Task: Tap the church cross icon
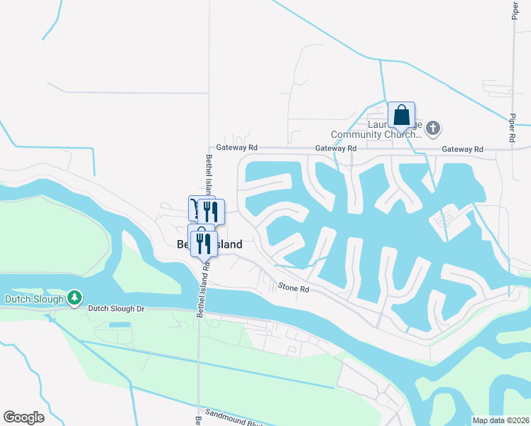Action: coord(433,129)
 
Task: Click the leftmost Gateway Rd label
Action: coord(237,148)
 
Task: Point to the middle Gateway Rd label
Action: coord(335,148)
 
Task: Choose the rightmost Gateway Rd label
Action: coord(461,149)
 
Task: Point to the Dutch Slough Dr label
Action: coord(116,309)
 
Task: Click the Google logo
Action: coord(23,417)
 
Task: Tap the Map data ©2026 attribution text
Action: coord(500,420)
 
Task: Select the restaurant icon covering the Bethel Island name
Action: coord(204,243)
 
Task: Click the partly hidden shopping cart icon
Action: coord(194,208)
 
